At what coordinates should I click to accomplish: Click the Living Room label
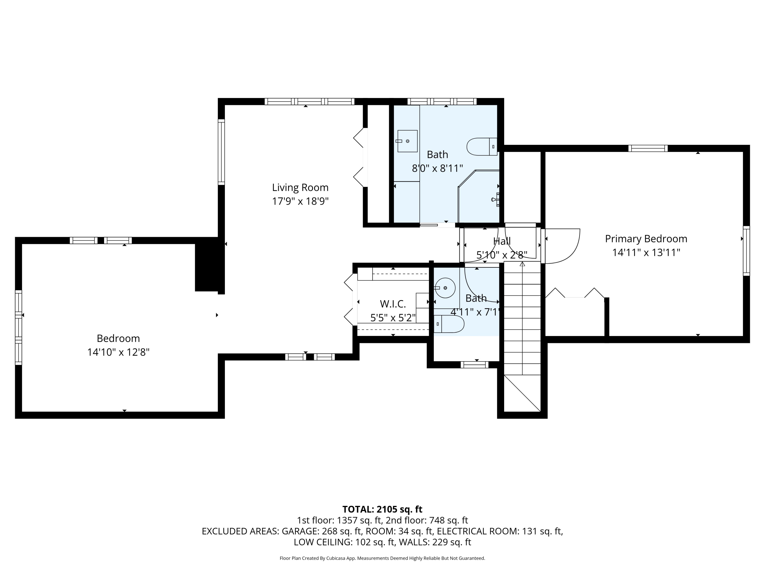click(300, 188)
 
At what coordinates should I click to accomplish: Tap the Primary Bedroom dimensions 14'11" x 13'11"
click(646, 253)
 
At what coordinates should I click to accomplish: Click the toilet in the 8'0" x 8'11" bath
click(482, 147)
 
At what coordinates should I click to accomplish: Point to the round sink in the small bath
click(445, 288)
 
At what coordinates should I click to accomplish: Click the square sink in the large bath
click(407, 141)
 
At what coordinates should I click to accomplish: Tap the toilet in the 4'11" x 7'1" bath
click(449, 324)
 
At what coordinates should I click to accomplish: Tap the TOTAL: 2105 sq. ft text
click(382, 509)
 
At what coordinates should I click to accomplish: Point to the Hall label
click(502, 241)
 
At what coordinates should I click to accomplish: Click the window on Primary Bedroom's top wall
click(648, 148)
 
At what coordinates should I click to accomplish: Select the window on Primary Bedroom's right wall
click(746, 251)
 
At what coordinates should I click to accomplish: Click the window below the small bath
click(475, 365)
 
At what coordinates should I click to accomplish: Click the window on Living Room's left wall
click(221, 152)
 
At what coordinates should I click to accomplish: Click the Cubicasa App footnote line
click(382, 558)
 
